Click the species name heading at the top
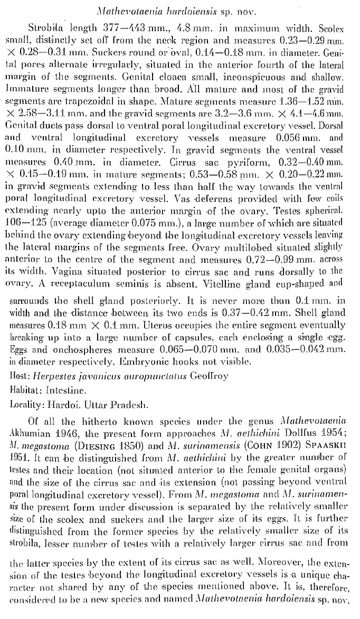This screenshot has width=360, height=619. [x=179, y=10]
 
